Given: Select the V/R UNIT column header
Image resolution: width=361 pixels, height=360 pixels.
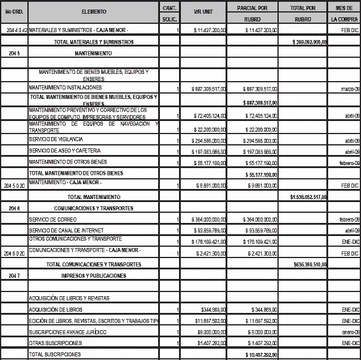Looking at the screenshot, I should click(204, 12).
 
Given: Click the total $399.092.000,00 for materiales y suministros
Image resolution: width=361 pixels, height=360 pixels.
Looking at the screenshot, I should click(308, 42).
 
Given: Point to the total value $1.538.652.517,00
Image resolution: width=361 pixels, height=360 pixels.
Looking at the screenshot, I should click(308, 196).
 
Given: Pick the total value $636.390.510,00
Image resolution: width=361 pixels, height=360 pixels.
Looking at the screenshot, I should click(309, 263).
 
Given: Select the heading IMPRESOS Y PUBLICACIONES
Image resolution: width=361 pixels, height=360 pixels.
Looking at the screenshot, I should click(93, 275).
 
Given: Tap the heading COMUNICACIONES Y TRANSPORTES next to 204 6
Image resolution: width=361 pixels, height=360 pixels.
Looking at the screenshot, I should click(93, 208).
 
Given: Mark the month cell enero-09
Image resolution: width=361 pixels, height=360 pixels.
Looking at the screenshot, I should click(349, 331).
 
